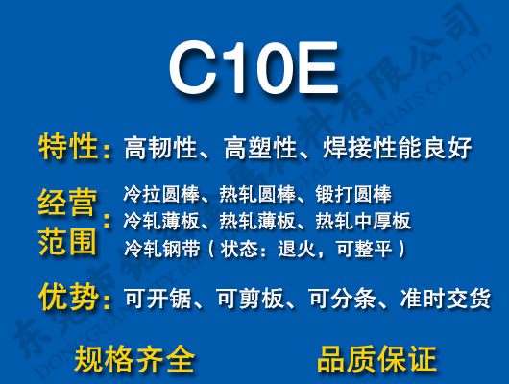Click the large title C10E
pos(254,68)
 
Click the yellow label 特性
pos(69,148)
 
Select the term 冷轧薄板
pos(157,222)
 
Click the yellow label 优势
pos(69,297)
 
